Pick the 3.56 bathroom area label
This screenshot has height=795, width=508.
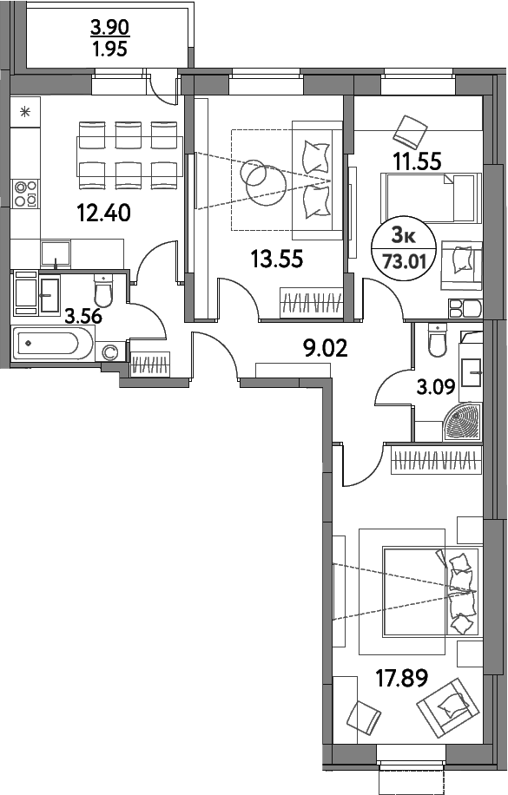[x=83, y=316]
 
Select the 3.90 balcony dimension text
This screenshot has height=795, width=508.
[x=109, y=28]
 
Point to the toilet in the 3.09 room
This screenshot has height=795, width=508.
[x=436, y=343]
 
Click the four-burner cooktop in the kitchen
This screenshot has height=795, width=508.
[x=24, y=193]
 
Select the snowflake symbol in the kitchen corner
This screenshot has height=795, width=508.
[x=25, y=110]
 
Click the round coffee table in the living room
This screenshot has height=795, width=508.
[x=258, y=177]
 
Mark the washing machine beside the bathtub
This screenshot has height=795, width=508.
[x=110, y=351]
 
